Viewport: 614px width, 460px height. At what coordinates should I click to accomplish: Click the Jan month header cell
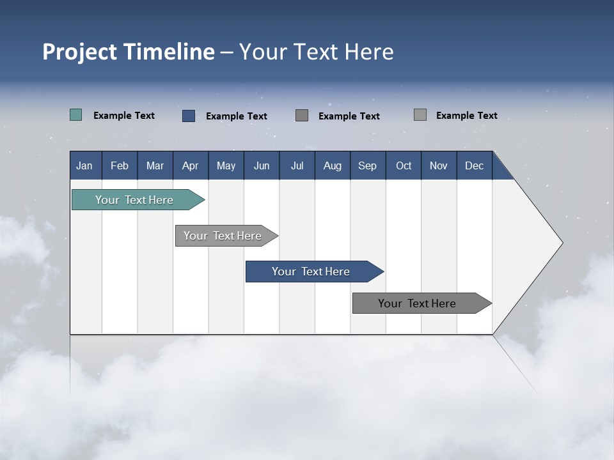click(x=85, y=165)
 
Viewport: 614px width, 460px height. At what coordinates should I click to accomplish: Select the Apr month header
click(x=191, y=165)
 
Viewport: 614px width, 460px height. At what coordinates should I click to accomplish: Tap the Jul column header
click(x=297, y=165)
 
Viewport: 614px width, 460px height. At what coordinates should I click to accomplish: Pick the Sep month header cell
click(x=368, y=165)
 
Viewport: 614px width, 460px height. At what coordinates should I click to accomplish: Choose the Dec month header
click(x=474, y=165)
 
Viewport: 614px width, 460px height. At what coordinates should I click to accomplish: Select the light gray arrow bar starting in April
click(x=223, y=236)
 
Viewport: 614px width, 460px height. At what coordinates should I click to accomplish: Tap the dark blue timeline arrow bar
click(x=311, y=272)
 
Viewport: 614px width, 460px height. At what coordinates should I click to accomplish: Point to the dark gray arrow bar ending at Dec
click(x=417, y=303)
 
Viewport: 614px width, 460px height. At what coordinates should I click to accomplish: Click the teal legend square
click(x=76, y=115)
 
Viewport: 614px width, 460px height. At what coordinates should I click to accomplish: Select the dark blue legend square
click(x=189, y=116)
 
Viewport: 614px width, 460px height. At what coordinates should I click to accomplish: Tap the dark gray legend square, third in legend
click(x=302, y=115)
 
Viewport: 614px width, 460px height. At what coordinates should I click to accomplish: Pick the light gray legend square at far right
click(x=420, y=115)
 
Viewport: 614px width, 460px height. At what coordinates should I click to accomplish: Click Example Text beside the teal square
click(x=124, y=116)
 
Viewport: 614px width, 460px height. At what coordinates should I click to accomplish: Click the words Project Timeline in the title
click(x=128, y=52)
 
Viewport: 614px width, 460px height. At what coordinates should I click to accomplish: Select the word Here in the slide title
click(x=369, y=52)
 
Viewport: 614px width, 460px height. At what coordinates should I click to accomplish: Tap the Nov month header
click(x=439, y=165)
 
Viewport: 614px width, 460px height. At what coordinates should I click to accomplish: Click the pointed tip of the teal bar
click(x=203, y=200)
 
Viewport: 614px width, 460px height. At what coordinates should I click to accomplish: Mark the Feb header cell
click(x=120, y=165)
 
